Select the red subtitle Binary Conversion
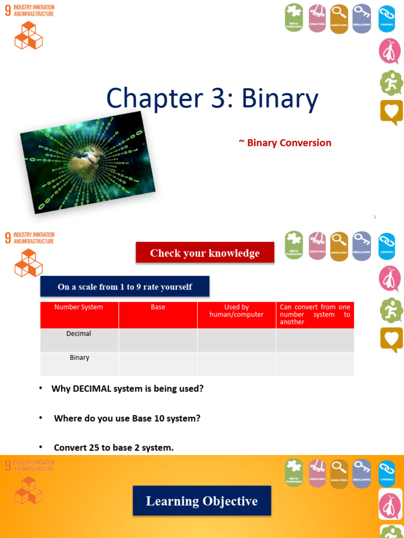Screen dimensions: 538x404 coord(285,143)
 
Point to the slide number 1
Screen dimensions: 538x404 coord(375,216)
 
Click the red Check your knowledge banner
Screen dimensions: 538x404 coord(205,253)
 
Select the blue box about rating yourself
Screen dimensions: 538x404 coord(125,287)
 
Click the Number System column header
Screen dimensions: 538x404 coord(79,307)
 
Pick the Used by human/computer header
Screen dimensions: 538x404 coord(237,311)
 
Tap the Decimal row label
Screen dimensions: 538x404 coord(79,334)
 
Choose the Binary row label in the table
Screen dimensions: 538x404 coord(79,358)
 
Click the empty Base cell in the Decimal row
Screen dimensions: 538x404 coord(158,340)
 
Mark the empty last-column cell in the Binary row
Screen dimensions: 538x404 coord(315,364)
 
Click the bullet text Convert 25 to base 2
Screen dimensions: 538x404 coord(114,448)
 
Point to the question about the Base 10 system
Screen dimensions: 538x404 coord(127,419)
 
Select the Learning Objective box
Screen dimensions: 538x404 coord(202,501)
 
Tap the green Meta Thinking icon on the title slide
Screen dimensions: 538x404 coord(294,17)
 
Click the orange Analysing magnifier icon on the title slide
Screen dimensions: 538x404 coord(339,18)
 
